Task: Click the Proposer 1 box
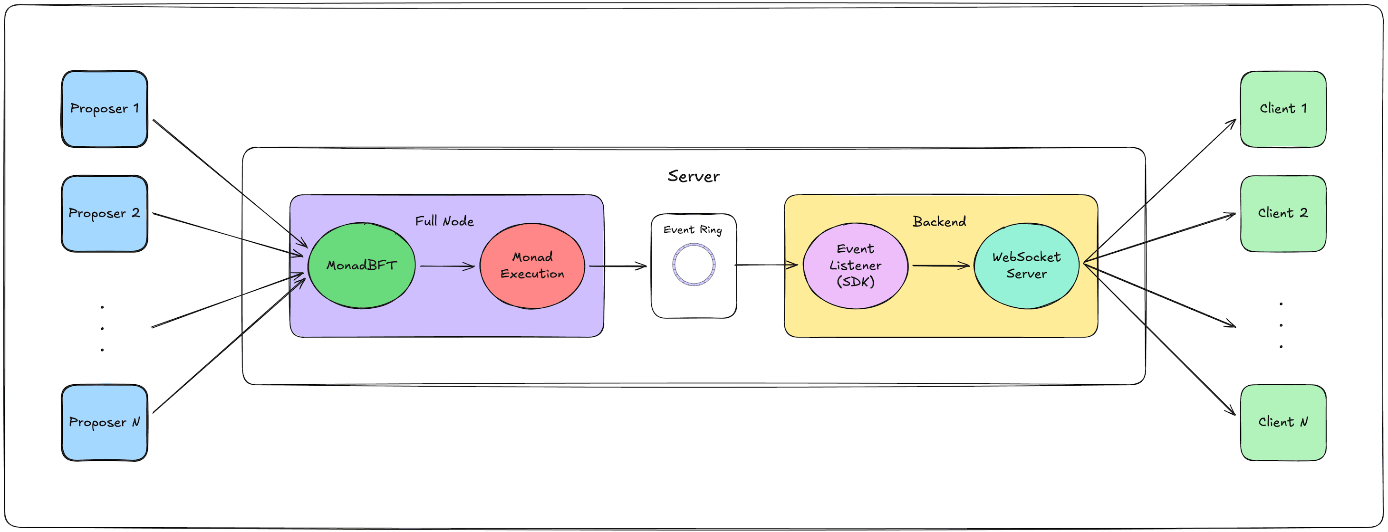coord(105,109)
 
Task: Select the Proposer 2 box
coord(105,213)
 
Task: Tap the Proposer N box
coord(105,422)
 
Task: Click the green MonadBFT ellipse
coord(362,266)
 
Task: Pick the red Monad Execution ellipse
coord(532,266)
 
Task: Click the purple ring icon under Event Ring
coord(694,265)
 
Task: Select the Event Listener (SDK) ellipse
coord(855,266)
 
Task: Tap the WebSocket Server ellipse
coord(1026,266)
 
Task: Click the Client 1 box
coord(1283,109)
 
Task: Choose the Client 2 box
coord(1283,213)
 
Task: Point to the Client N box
coord(1283,422)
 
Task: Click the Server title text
coord(694,176)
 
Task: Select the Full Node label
coord(444,221)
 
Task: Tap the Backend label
coord(939,221)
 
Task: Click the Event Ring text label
coord(693,230)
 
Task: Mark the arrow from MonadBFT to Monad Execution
coord(447,266)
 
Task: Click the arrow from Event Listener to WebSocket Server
coord(941,266)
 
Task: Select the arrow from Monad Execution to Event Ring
coord(617,266)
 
